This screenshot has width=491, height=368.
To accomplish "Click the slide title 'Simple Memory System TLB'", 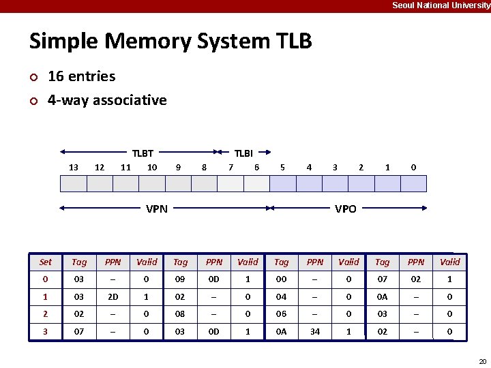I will [170, 42].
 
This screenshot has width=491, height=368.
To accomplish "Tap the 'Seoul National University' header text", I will [441, 5].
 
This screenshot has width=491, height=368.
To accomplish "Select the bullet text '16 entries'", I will [81, 76].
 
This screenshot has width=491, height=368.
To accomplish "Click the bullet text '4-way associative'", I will [107, 100].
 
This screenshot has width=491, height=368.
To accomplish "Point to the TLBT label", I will [143, 153].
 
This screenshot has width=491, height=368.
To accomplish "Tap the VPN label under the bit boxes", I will [157, 209].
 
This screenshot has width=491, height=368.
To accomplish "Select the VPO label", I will [346, 209].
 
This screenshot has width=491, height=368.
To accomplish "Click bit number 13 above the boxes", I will [74, 167].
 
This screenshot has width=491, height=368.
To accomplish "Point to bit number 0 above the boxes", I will [413, 167].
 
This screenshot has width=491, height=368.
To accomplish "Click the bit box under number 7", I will [230, 184].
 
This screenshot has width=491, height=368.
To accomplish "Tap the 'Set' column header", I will [46, 262].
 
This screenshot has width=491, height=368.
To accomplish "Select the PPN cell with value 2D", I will [113, 296].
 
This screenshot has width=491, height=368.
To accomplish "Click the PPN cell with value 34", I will [315, 332].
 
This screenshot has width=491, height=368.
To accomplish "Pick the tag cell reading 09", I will [180, 279].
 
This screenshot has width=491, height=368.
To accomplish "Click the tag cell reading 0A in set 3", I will [282, 332].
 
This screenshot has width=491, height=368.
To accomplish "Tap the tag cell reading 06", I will [282, 314].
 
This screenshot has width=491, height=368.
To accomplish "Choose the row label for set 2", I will [46, 314].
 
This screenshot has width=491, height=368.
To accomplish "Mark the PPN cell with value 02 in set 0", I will [416, 279].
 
